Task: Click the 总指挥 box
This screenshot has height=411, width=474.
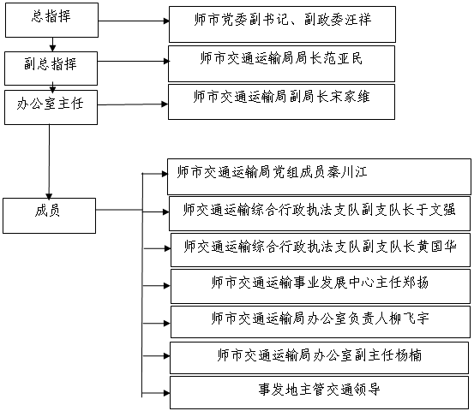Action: [x=51, y=21]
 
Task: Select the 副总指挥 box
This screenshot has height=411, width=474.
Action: [x=51, y=68]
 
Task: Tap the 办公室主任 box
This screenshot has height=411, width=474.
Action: [x=51, y=107]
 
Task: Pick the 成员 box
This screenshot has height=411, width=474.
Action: [x=49, y=216]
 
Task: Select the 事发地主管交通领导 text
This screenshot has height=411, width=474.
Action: [x=319, y=390]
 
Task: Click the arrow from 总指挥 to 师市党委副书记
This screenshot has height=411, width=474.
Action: [x=134, y=21]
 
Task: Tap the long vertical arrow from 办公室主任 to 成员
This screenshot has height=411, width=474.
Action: [x=49, y=162]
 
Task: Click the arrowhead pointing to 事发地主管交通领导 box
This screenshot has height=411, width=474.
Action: [x=166, y=393]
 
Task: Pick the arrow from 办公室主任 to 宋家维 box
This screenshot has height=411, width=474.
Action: [x=133, y=104]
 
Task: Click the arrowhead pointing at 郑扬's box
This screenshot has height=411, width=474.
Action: [x=167, y=286]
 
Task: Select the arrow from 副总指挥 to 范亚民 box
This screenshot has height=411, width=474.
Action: [x=133, y=62]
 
